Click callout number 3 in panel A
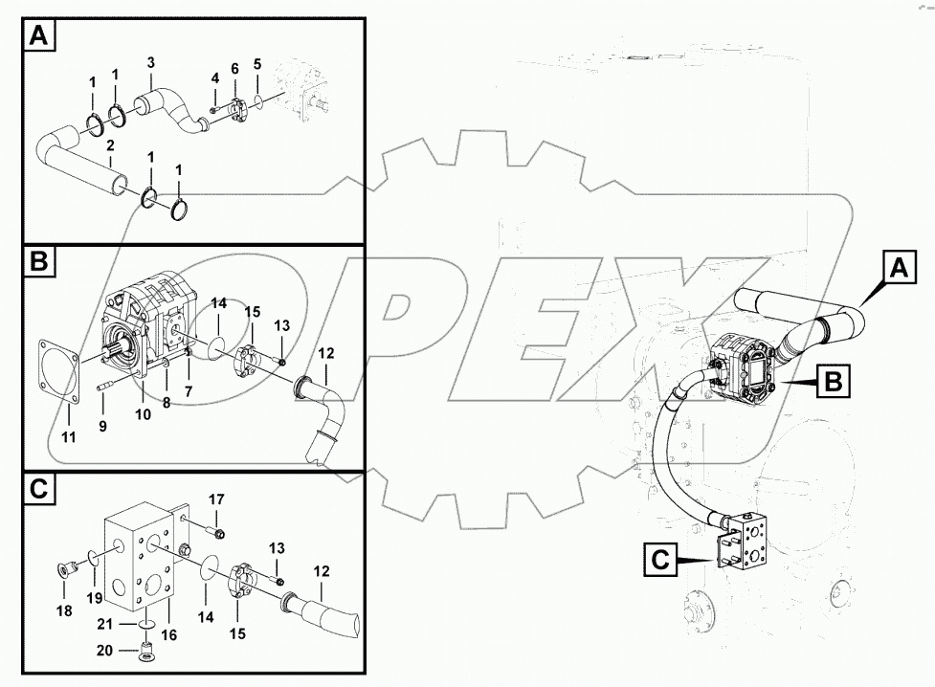(150, 62)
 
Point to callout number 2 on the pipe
(111, 145)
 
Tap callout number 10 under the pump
(144, 413)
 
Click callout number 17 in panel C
(216, 499)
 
